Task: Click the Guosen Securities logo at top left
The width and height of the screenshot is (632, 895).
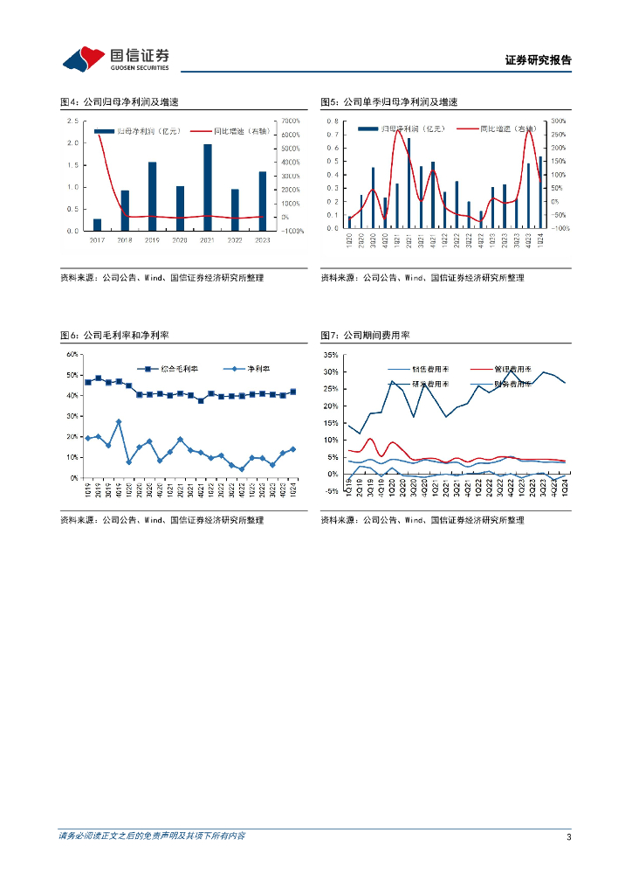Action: tap(114, 59)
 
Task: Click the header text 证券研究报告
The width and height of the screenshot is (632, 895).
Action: tap(538, 60)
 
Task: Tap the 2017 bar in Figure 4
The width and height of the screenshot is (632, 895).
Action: tap(97, 225)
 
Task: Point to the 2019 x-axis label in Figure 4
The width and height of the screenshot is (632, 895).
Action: tap(152, 239)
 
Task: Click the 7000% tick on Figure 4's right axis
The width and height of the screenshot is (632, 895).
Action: tap(290, 121)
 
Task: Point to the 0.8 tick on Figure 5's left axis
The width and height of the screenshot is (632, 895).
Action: tap(333, 121)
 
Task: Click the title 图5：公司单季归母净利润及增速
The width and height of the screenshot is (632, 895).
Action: tap(388, 102)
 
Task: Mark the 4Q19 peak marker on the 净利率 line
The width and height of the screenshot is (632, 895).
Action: tap(119, 422)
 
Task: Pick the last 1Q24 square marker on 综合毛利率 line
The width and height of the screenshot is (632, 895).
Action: tap(293, 392)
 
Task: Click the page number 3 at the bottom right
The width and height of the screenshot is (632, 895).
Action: tap(568, 837)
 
